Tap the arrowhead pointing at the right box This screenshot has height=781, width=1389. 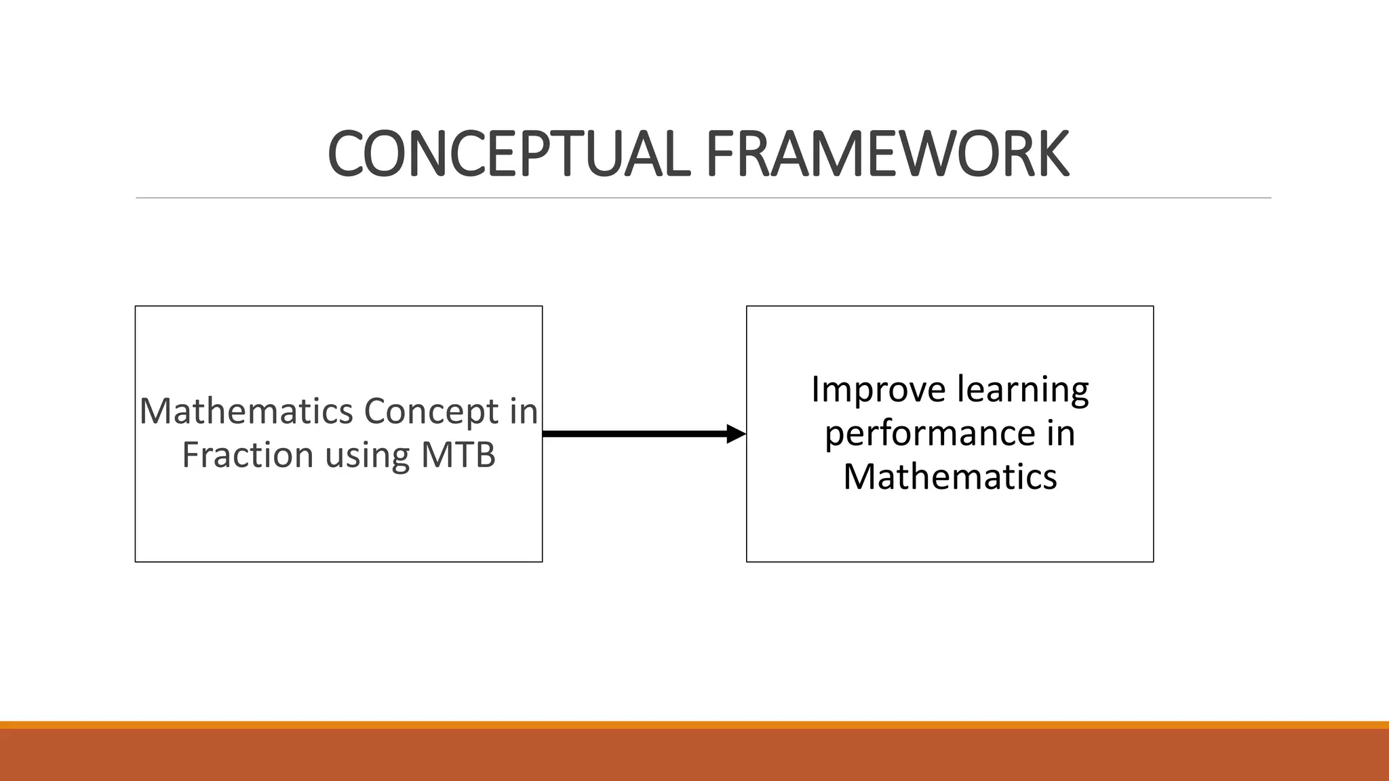click(x=735, y=434)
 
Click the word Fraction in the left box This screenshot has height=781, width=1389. click(x=248, y=455)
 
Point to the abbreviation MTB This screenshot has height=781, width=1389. click(x=458, y=455)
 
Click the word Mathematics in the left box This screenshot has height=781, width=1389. click(x=246, y=412)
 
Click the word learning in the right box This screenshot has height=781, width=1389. click(x=1023, y=390)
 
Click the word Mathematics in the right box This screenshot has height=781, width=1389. click(x=950, y=477)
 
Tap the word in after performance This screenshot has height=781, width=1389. click(x=1060, y=434)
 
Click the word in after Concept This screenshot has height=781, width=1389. click(x=523, y=412)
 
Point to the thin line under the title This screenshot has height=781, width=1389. click(x=703, y=198)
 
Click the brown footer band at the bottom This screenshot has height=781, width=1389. click(x=694, y=756)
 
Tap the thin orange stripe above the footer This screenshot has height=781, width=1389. click(x=694, y=725)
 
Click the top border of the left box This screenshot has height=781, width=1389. click(x=339, y=306)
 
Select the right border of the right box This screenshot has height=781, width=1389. click(x=1153, y=434)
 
